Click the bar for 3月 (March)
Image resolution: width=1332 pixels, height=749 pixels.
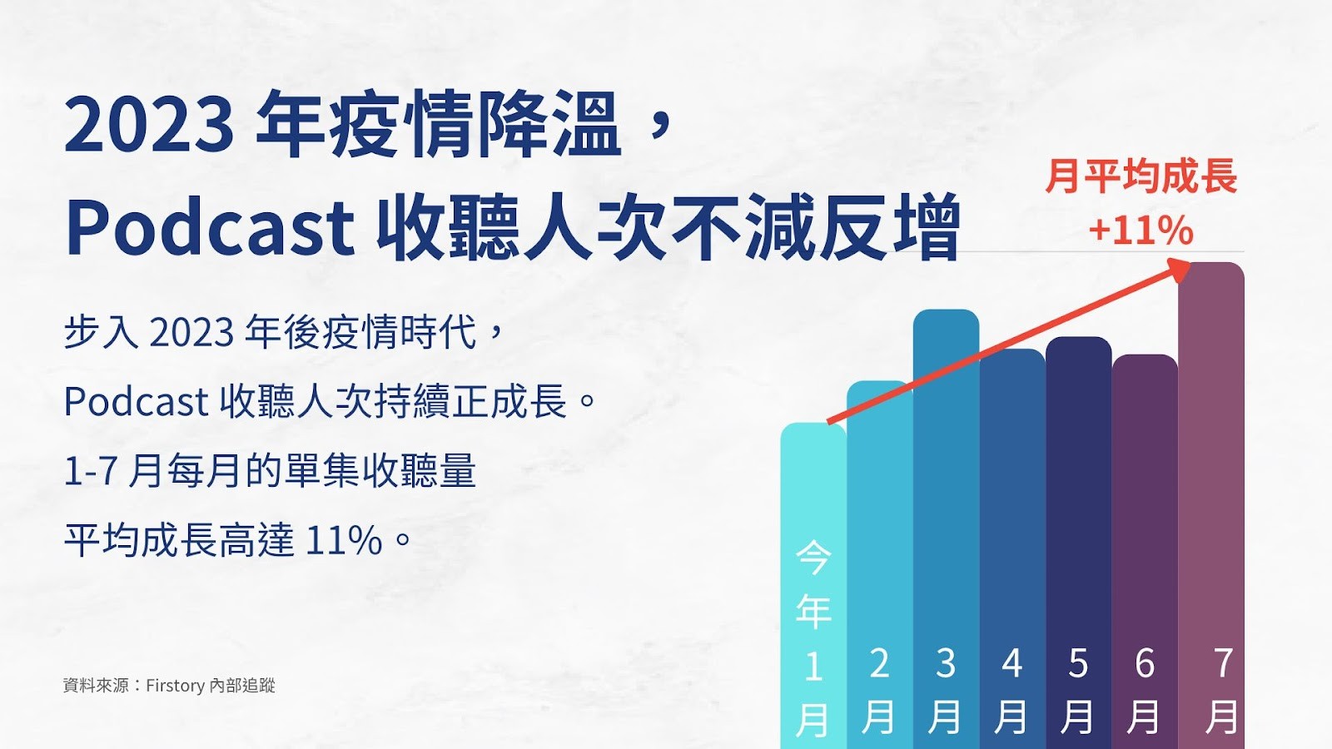pos(946,529)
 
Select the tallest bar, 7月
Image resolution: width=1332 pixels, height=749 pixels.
pos(1211,505)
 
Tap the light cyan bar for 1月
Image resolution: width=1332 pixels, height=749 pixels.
pos(813,586)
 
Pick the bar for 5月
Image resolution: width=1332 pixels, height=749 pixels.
pos(1079,543)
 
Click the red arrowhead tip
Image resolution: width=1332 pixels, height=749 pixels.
pos(1190,264)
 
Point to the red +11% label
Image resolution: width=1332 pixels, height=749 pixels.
pos(1141,230)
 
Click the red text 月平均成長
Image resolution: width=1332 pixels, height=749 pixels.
pos(1141,176)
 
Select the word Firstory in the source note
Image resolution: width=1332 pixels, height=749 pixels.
pos(176,686)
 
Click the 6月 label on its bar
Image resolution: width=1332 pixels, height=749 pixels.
pos(1145,690)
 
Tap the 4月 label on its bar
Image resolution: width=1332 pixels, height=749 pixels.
pos(1012,690)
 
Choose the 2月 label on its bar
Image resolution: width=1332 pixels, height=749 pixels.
pos(879,690)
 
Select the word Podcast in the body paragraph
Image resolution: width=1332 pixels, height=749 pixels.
pos(137,401)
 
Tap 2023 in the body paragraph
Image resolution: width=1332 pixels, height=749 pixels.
pos(191,332)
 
